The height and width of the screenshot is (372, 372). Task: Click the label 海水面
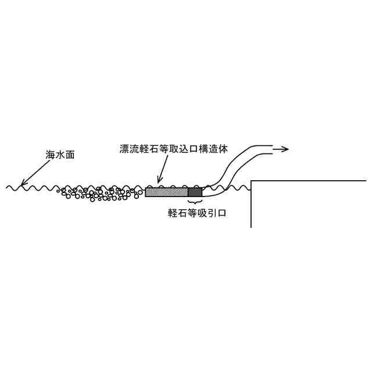(60, 155)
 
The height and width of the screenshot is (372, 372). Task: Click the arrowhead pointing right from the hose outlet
(284, 149)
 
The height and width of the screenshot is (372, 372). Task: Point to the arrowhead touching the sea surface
(24, 184)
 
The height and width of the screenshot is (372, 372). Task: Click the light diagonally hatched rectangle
(166, 192)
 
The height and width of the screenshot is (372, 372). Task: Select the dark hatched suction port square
(195, 192)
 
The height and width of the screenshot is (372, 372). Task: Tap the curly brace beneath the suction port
(195, 201)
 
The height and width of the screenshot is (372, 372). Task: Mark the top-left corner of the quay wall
(251, 182)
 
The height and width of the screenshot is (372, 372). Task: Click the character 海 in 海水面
(51, 155)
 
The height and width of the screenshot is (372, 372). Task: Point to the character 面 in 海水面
(70, 155)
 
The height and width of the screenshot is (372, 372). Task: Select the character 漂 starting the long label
(121, 149)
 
